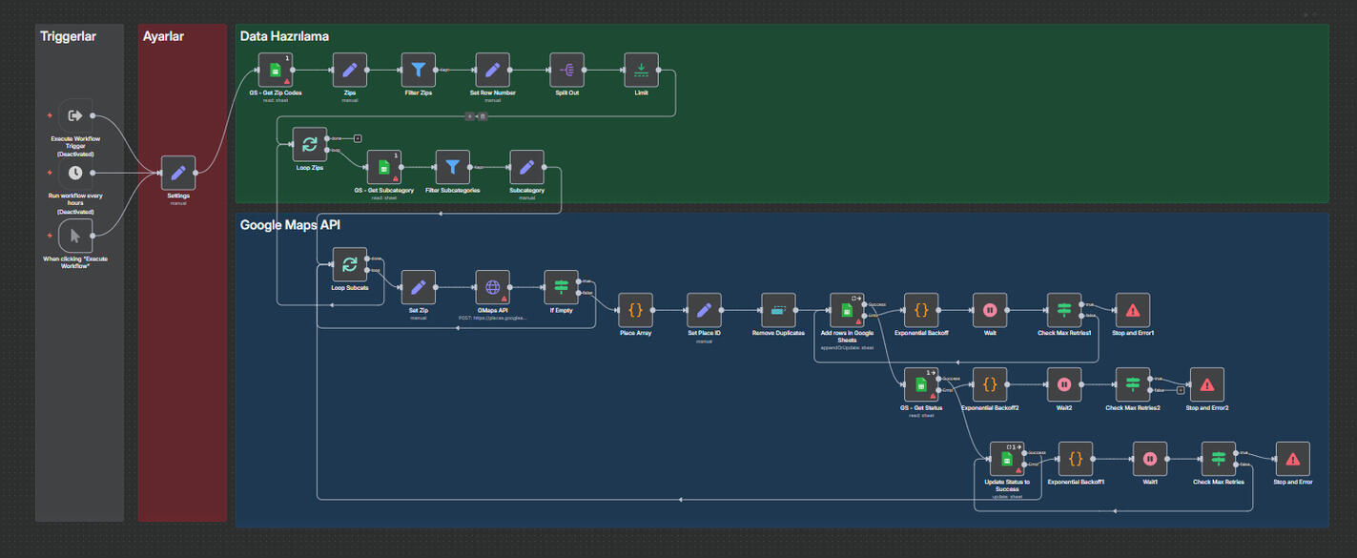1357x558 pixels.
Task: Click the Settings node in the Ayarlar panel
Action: [178, 173]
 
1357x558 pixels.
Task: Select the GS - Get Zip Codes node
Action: [276, 70]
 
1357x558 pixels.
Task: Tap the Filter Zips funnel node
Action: [418, 70]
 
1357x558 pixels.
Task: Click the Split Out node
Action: [567, 70]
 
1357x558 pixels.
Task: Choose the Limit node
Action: [641, 70]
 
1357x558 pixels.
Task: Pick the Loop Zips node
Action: [310, 144]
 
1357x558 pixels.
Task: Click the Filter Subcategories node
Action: [453, 167]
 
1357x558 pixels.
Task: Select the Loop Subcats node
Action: [350, 264]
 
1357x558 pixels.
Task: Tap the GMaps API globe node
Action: [493, 287]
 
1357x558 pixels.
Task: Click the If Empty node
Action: [561, 287]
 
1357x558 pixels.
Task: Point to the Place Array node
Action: [635, 310]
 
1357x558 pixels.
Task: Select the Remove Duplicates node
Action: [778, 310]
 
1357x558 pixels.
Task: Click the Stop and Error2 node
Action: [1206, 384]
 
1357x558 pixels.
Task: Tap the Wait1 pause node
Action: [1150, 459]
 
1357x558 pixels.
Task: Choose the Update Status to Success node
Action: [1007, 459]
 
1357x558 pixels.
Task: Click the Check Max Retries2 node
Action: [1133, 384]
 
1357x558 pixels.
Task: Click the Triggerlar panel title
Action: [68, 36]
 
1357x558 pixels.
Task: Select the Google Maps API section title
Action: [290, 226]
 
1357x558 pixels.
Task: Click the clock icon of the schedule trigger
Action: [75, 173]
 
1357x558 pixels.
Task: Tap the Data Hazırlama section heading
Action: [284, 36]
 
